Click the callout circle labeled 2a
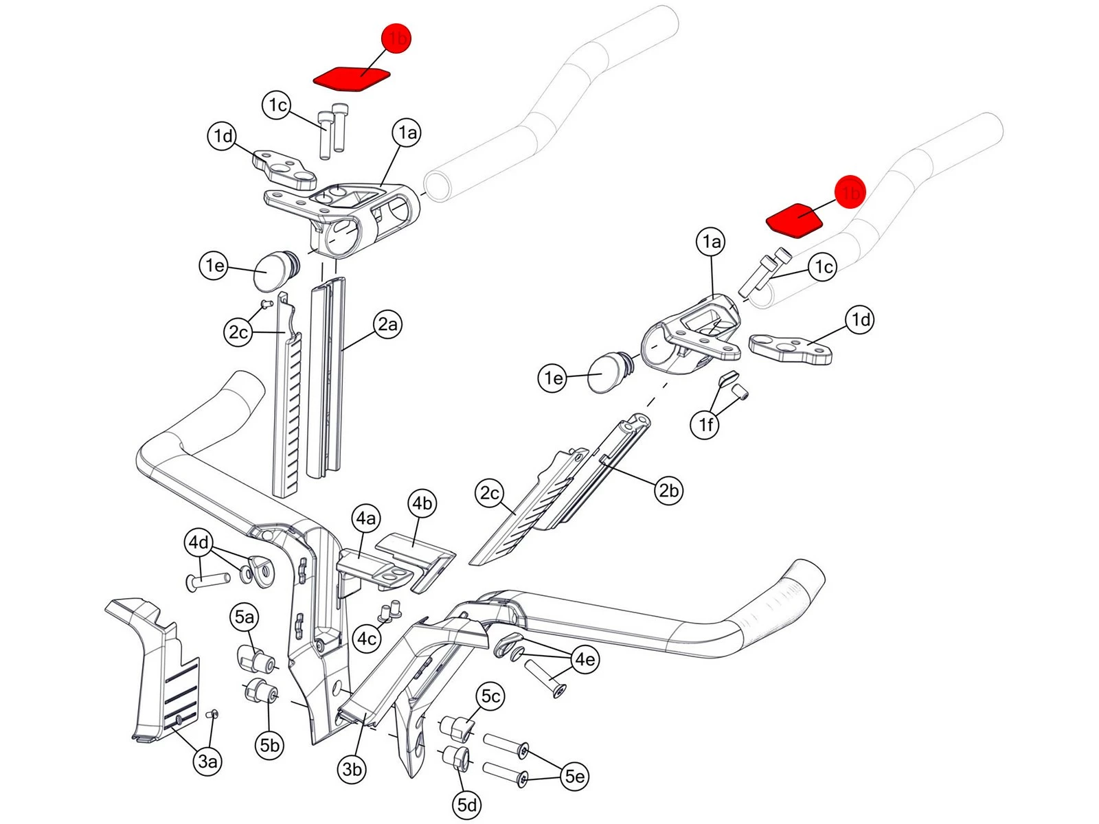click(387, 324)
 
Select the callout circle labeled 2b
click(668, 490)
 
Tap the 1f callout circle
click(705, 424)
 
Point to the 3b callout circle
click(352, 769)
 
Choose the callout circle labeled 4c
click(367, 639)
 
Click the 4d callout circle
click(199, 542)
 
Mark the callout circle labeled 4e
click(585, 659)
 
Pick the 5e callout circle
click(574, 776)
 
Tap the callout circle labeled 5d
click(467, 804)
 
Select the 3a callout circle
click(207, 761)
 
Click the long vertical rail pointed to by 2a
click(327, 378)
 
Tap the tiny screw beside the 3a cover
click(212, 715)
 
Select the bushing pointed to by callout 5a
click(256, 659)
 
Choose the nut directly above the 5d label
click(456, 758)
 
